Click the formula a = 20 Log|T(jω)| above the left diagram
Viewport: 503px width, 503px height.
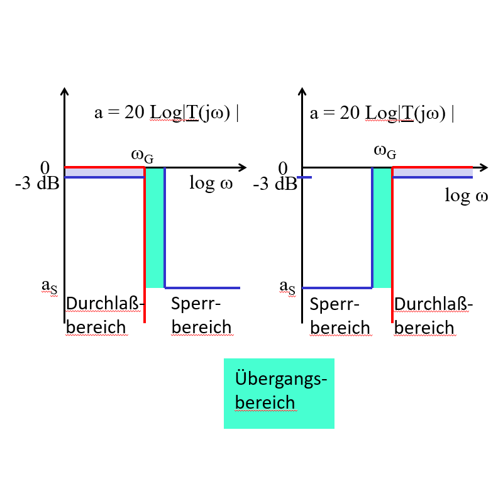[166, 113]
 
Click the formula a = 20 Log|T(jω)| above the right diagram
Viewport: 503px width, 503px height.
[382, 113]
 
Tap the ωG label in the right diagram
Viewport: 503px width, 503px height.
[385, 152]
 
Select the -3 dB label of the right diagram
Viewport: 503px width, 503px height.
[274, 185]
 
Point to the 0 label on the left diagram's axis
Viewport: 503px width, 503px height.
[45, 168]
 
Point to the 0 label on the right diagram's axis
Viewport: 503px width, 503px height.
[282, 168]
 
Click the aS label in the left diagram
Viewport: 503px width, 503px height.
[49, 286]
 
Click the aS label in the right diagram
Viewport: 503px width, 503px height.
[287, 286]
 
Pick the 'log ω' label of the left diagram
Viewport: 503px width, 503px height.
[211, 184]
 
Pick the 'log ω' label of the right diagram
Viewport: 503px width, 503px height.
[466, 196]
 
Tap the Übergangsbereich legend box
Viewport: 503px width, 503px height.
[279, 393]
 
